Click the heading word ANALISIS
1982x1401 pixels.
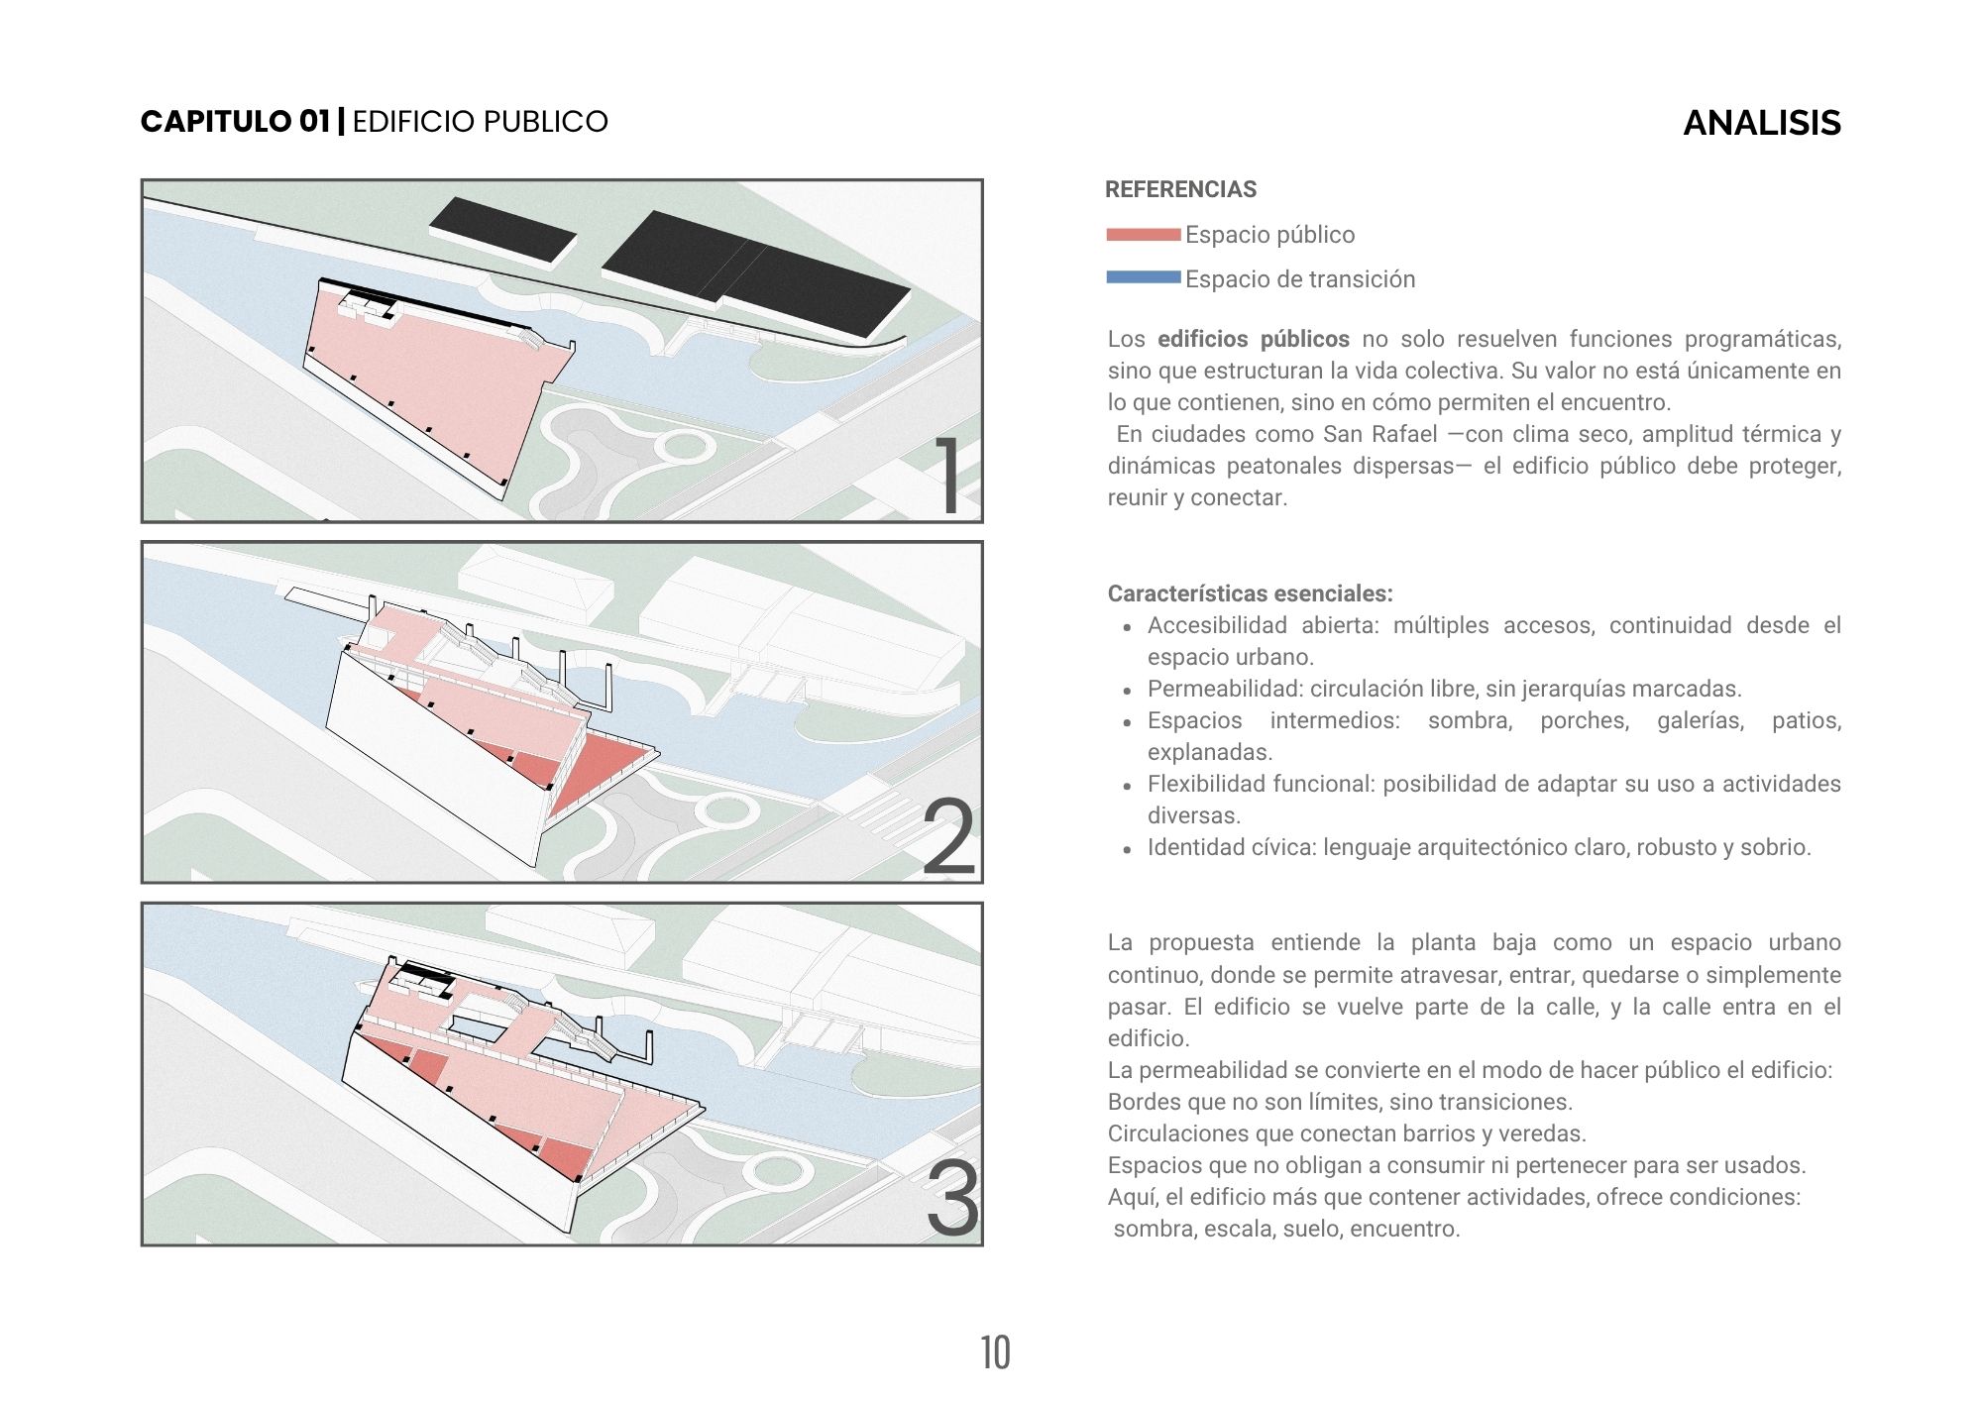[x=1761, y=123]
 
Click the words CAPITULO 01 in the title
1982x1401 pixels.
[x=235, y=122]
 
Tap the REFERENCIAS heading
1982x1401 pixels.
[x=1180, y=189]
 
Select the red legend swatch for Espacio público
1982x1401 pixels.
[x=1143, y=235]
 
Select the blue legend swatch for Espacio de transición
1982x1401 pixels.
[x=1143, y=278]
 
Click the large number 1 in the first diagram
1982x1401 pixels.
[x=948, y=477]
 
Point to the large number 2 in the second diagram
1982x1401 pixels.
[x=948, y=837]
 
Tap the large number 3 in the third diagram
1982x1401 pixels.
[x=951, y=1199]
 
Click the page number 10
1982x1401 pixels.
[x=995, y=1352]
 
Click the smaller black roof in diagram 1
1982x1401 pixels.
[x=503, y=230]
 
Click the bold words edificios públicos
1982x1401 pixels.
[x=1253, y=339]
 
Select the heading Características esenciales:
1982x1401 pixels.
[x=1250, y=593]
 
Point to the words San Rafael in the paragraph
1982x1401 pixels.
[x=1379, y=434]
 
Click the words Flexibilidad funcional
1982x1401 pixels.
[x=1262, y=784]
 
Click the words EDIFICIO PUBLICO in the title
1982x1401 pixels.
[x=480, y=122]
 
